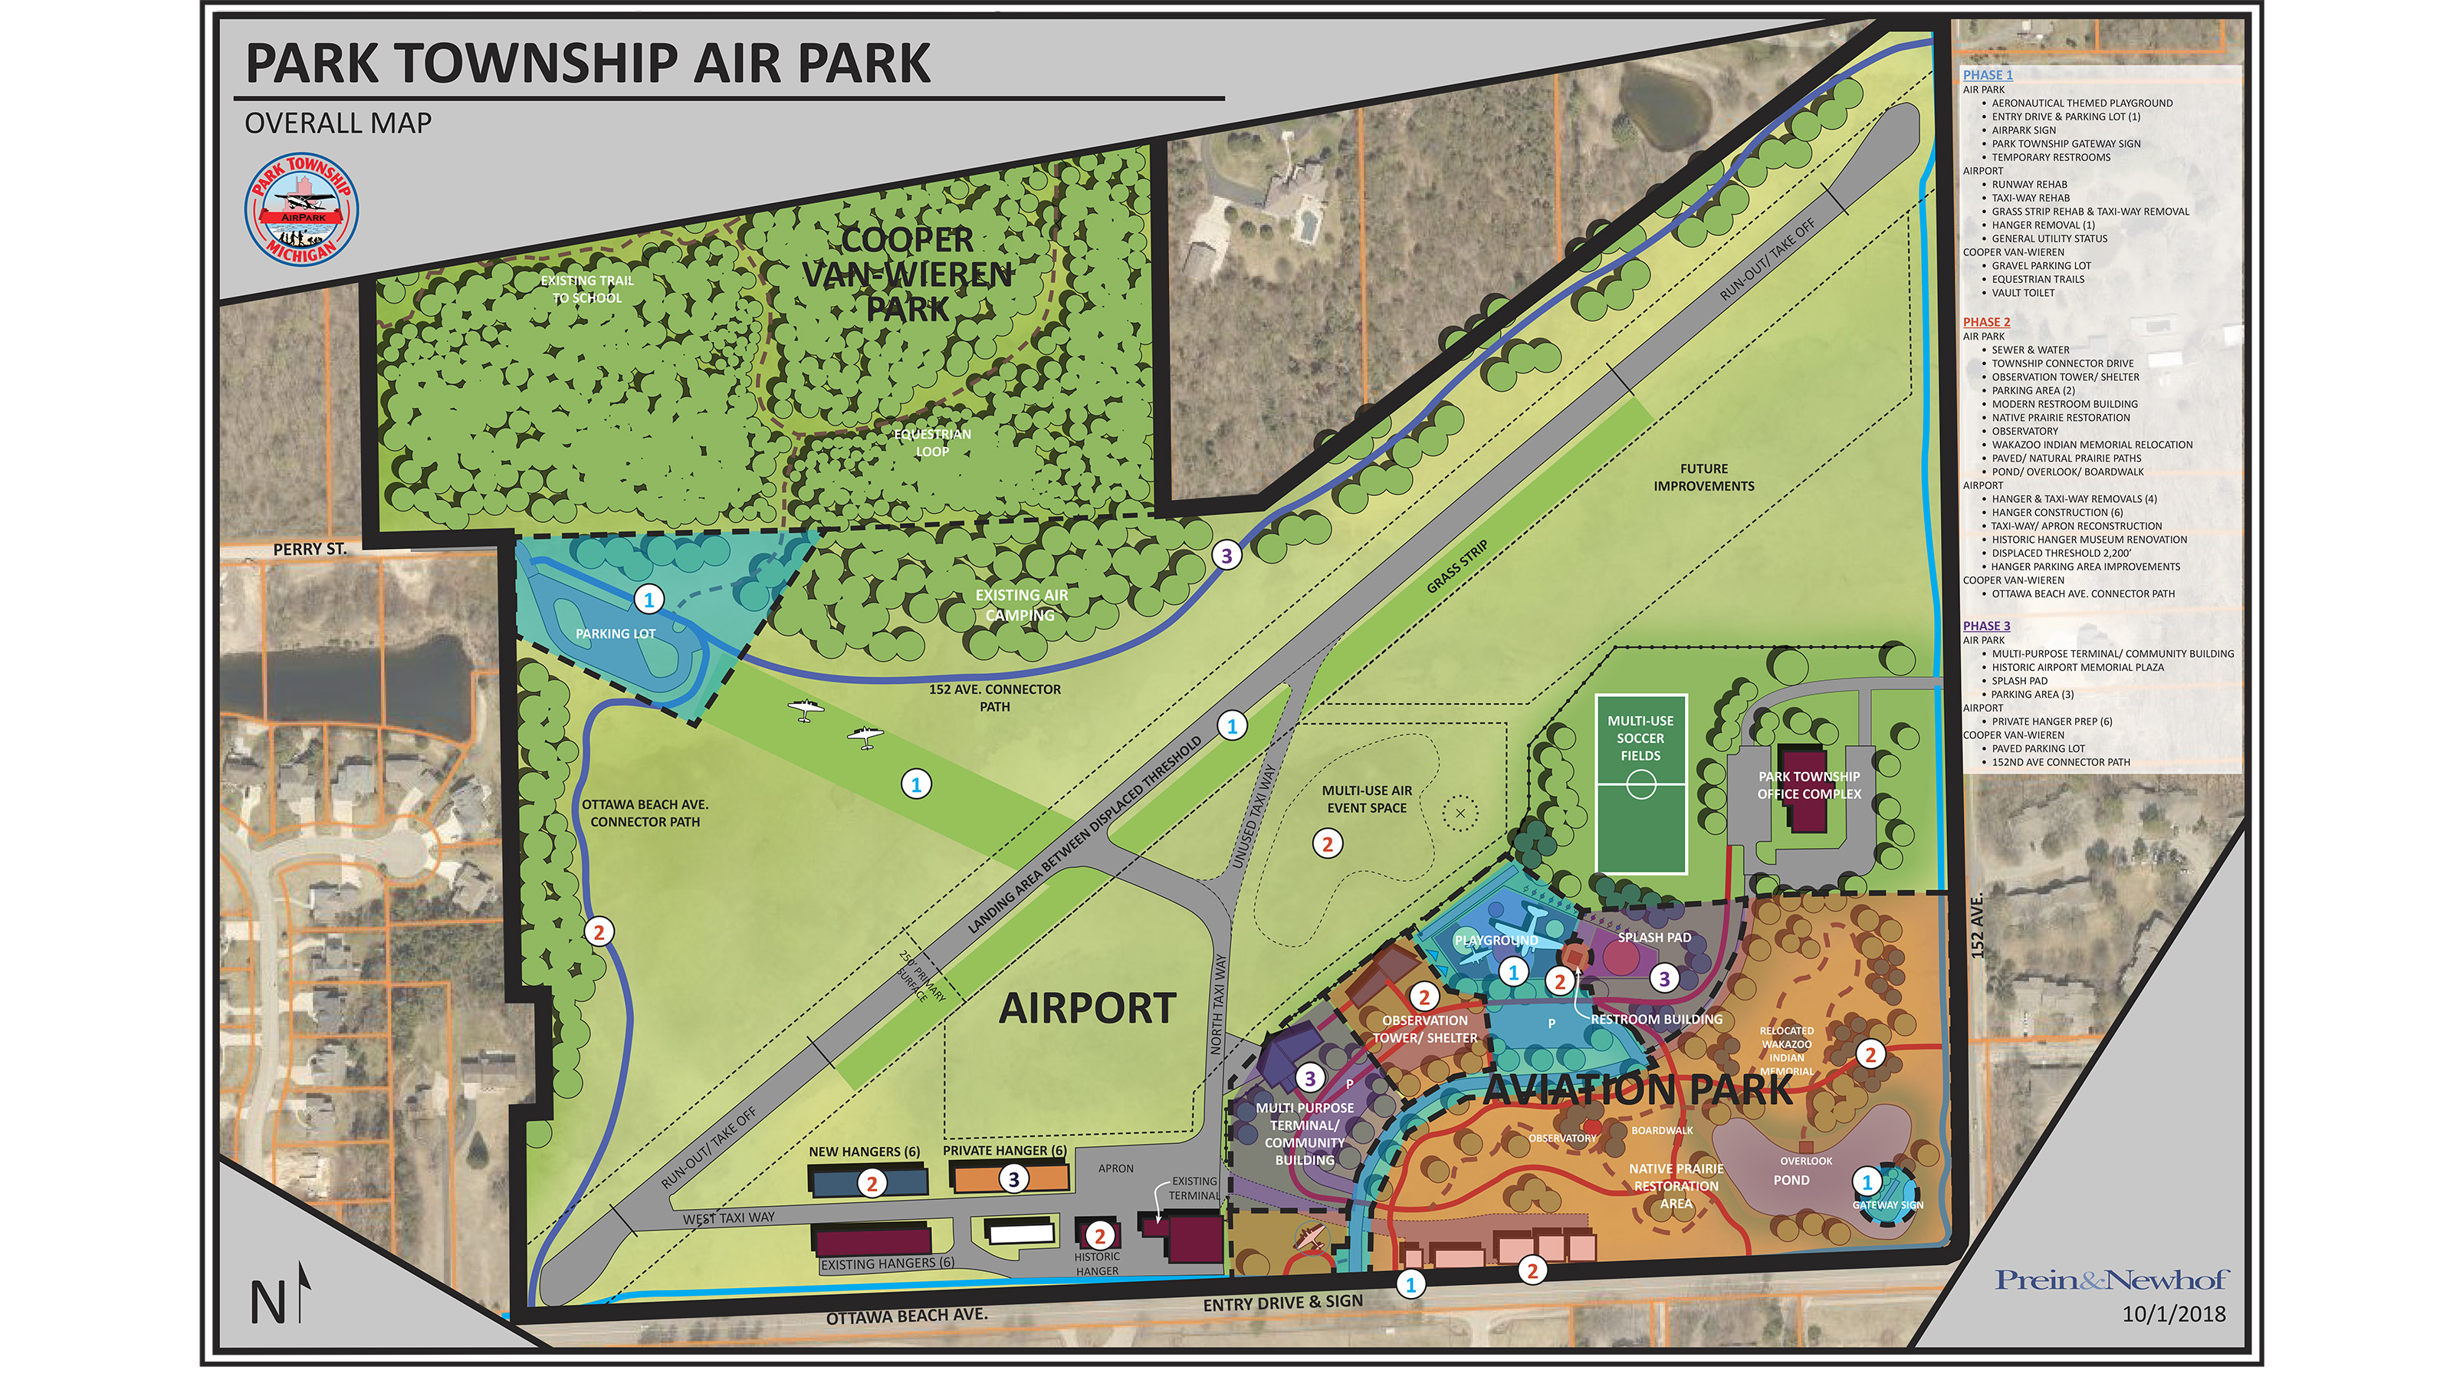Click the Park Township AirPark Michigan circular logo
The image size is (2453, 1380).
[302, 209]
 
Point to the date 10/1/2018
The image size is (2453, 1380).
[2174, 1314]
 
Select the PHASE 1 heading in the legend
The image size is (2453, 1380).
[1988, 74]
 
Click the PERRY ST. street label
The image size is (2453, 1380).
[310, 550]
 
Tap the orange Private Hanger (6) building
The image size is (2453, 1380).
[1010, 1179]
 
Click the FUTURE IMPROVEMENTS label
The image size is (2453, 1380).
[1703, 477]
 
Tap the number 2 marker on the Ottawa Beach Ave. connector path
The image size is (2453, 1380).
[599, 932]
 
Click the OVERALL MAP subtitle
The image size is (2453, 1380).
[338, 123]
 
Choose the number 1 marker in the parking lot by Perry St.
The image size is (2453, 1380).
[649, 599]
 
